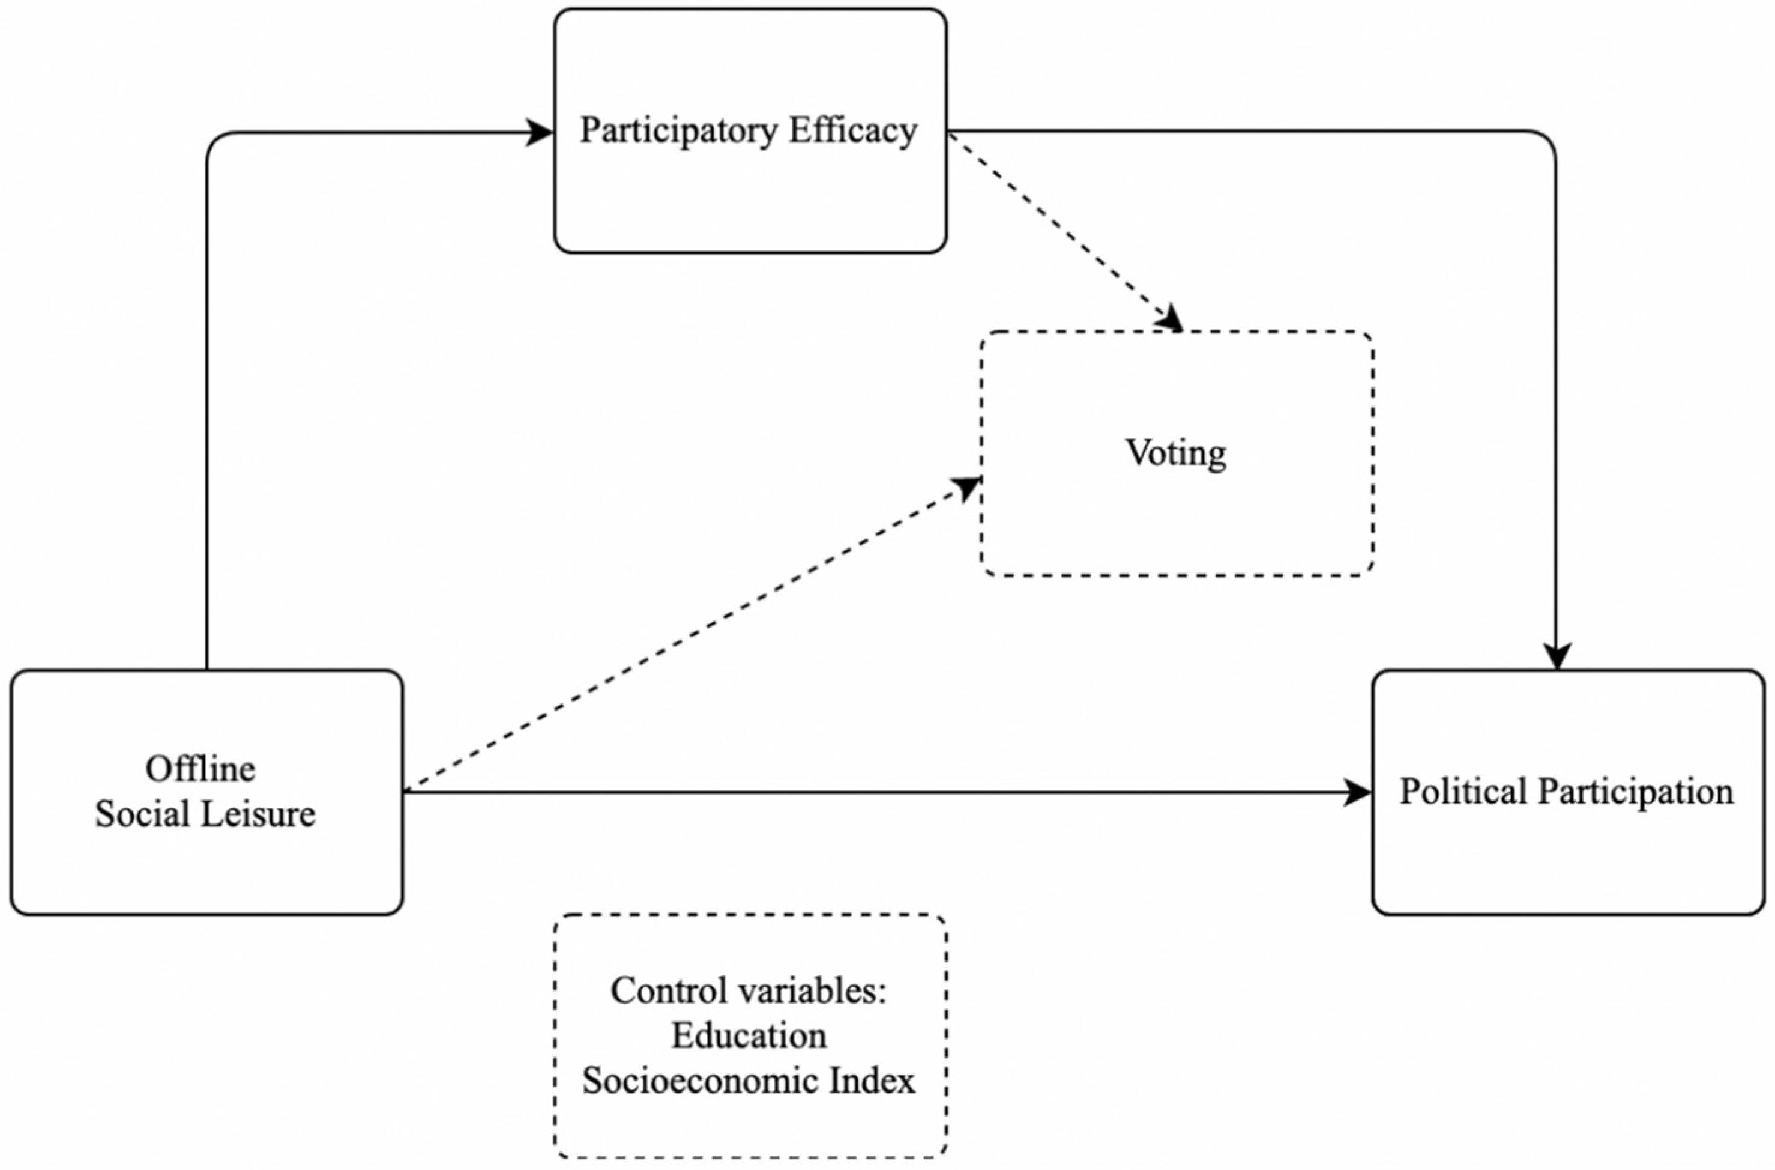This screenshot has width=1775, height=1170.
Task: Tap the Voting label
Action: click(1175, 453)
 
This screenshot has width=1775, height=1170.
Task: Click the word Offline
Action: click(200, 769)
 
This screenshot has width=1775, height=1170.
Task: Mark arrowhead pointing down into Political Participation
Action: click(1557, 656)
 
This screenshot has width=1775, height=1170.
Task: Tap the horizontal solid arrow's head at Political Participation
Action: click(1357, 792)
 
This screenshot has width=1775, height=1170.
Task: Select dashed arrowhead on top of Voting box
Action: click(1171, 318)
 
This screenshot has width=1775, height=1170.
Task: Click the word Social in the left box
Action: click(142, 814)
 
